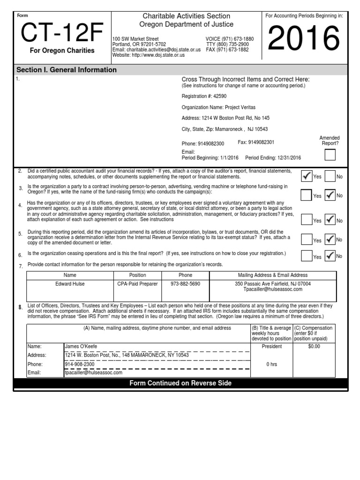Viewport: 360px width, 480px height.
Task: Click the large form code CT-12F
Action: coord(61,33)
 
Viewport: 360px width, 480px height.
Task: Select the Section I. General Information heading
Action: coord(67,70)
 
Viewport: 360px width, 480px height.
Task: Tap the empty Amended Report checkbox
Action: coord(330,155)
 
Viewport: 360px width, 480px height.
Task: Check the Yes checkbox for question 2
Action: coord(307,176)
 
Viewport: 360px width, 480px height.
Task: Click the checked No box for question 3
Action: coord(330,195)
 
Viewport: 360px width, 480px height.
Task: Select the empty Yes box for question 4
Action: coord(307,220)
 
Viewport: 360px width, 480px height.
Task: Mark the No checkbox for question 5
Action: coord(330,240)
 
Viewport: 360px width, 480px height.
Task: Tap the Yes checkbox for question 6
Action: coord(307,256)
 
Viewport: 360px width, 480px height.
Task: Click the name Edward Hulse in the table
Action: coord(70,284)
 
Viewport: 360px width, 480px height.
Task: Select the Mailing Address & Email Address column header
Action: coord(273,275)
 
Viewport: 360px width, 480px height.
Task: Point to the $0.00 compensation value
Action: coord(314,346)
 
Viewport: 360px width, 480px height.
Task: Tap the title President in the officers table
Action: coord(272,346)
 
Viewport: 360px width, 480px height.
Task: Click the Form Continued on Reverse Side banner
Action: coord(180,383)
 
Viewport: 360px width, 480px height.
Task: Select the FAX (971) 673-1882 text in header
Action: coord(227,49)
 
